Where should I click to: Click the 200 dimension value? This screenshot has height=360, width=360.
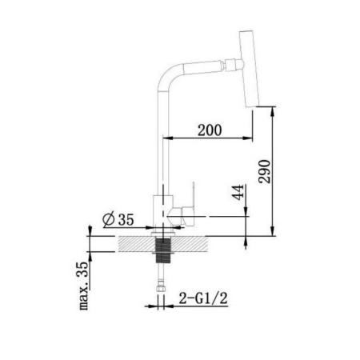pyautogui.click(x=210, y=130)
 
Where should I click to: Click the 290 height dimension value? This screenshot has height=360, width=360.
pyautogui.click(x=265, y=171)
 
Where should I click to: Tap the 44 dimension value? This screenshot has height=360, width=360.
pyautogui.click(x=238, y=192)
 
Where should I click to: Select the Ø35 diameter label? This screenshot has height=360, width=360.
pyautogui.click(x=118, y=219)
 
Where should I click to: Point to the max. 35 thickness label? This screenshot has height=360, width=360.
pyautogui.click(x=83, y=286)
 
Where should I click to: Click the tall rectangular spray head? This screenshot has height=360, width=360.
pyautogui.click(x=250, y=69)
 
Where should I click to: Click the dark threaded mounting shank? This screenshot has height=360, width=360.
pyautogui.click(x=162, y=250)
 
